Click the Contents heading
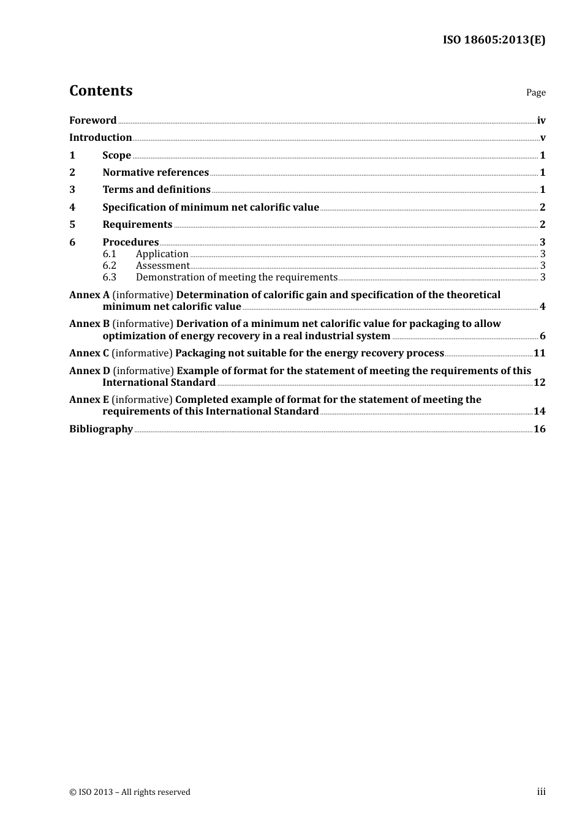point(100,91)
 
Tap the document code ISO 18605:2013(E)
point(494,40)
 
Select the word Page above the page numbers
point(535,92)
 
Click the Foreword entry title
point(93,120)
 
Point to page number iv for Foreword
point(541,120)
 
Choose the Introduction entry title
point(100,137)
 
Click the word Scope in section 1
point(116,155)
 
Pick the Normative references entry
point(156,172)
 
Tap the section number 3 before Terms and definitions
point(72,189)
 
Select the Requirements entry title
point(137,224)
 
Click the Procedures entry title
point(130,242)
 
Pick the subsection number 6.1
point(109,254)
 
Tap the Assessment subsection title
point(162,265)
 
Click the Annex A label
point(89,295)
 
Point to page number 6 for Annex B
point(542,336)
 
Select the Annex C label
point(89,353)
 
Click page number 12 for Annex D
point(539,382)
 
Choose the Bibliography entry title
point(101,429)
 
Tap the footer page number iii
point(541,792)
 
